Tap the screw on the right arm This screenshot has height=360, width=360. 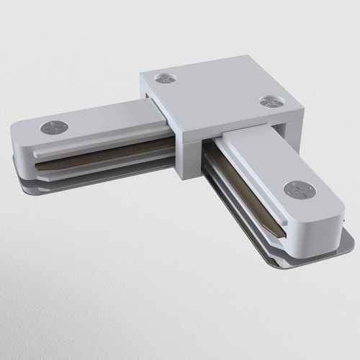pyautogui.click(x=295, y=189)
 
